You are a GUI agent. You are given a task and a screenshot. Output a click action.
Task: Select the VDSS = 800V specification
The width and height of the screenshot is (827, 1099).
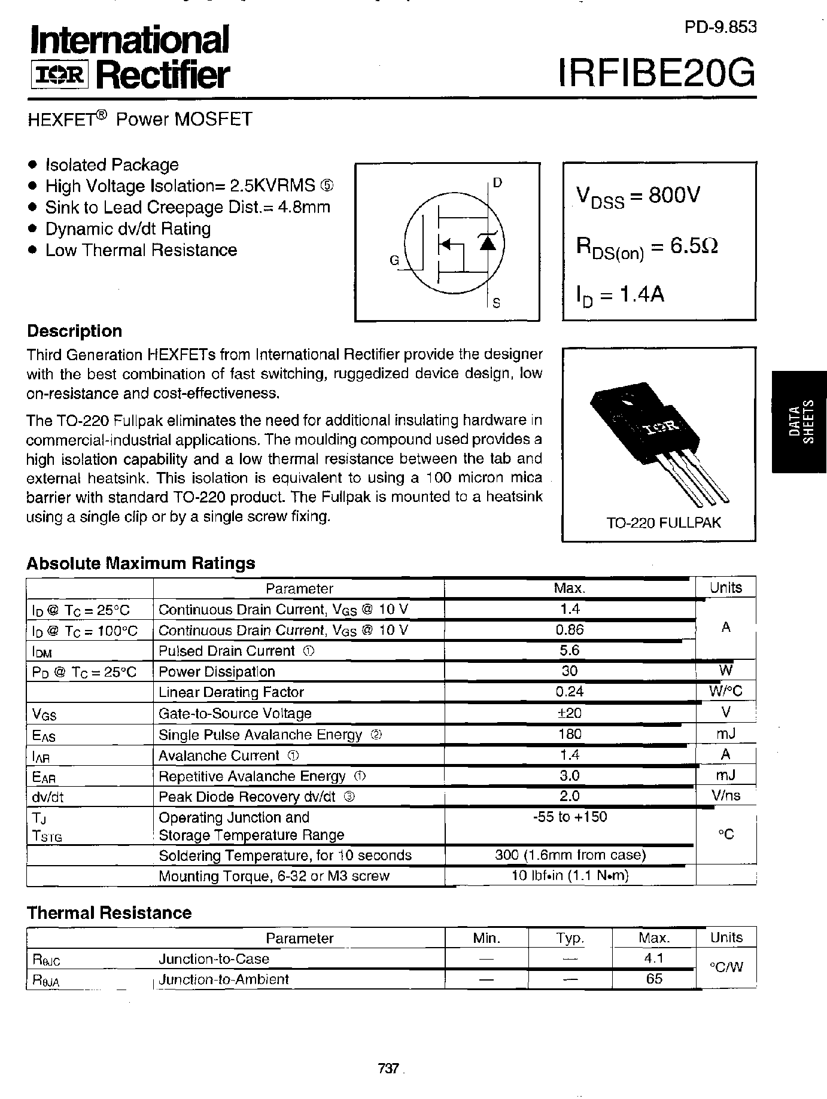click(x=638, y=196)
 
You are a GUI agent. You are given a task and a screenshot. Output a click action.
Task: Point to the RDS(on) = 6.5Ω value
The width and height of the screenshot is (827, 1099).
click(x=647, y=246)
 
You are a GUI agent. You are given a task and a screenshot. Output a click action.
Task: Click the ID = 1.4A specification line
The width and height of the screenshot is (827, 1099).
click(x=620, y=295)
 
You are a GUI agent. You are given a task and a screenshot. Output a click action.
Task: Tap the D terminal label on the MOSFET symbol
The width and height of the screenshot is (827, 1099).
click(x=497, y=183)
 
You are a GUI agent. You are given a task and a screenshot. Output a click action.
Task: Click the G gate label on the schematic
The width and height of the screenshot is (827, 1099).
click(x=394, y=260)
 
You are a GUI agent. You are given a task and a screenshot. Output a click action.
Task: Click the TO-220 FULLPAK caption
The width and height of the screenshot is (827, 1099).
click(x=663, y=523)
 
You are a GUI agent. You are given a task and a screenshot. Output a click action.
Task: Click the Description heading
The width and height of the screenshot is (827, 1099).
click(x=75, y=331)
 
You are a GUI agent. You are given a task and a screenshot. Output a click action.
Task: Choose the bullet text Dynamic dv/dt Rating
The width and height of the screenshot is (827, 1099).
click(x=128, y=229)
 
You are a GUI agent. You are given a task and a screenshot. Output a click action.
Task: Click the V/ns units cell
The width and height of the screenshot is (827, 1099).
click(x=725, y=796)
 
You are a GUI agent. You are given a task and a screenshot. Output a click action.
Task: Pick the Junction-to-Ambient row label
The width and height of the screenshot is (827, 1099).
click(x=223, y=979)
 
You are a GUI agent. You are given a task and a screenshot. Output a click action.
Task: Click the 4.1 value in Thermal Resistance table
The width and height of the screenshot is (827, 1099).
click(x=653, y=958)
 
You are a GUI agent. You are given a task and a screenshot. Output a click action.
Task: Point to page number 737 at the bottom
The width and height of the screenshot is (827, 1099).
click(x=388, y=1068)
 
